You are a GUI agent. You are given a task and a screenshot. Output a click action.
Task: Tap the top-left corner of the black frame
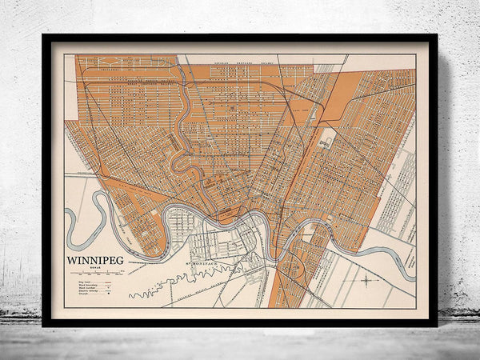43,35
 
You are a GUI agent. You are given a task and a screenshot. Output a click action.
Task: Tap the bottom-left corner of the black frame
43,326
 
